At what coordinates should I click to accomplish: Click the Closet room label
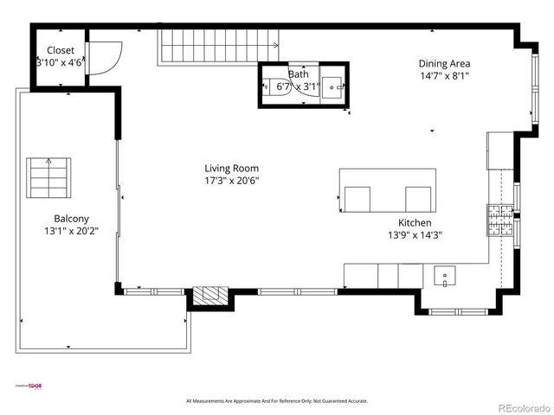(61, 50)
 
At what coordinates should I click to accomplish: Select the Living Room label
(231, 169)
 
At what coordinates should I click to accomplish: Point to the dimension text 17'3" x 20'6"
(231, 181)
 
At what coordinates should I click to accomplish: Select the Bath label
(299, 74)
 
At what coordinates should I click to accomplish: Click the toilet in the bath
(270, 86)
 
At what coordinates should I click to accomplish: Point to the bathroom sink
(333, 86)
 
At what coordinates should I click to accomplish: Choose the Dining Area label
(444, 63)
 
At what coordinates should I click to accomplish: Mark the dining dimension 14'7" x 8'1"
(444, 75)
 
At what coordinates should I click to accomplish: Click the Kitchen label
(415, 222)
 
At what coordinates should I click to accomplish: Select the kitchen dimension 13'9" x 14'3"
(415, 234)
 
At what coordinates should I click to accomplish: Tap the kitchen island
(387, 191)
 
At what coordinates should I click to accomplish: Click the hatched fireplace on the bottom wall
(208, 296)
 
